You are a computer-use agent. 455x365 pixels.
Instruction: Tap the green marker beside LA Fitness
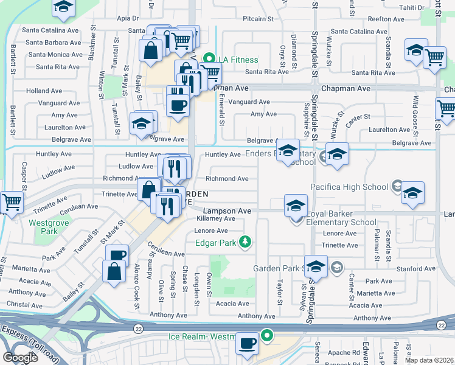209,60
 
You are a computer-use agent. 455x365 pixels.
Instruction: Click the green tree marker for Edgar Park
245,243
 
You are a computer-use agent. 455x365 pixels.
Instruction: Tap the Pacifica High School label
349,186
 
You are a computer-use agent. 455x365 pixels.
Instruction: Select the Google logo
21,357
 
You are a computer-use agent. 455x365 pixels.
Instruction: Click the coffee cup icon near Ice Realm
248,344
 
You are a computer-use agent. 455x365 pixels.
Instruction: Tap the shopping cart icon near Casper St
11,202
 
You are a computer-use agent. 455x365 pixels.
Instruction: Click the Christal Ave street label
25,304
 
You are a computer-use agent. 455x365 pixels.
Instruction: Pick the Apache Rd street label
347,352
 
